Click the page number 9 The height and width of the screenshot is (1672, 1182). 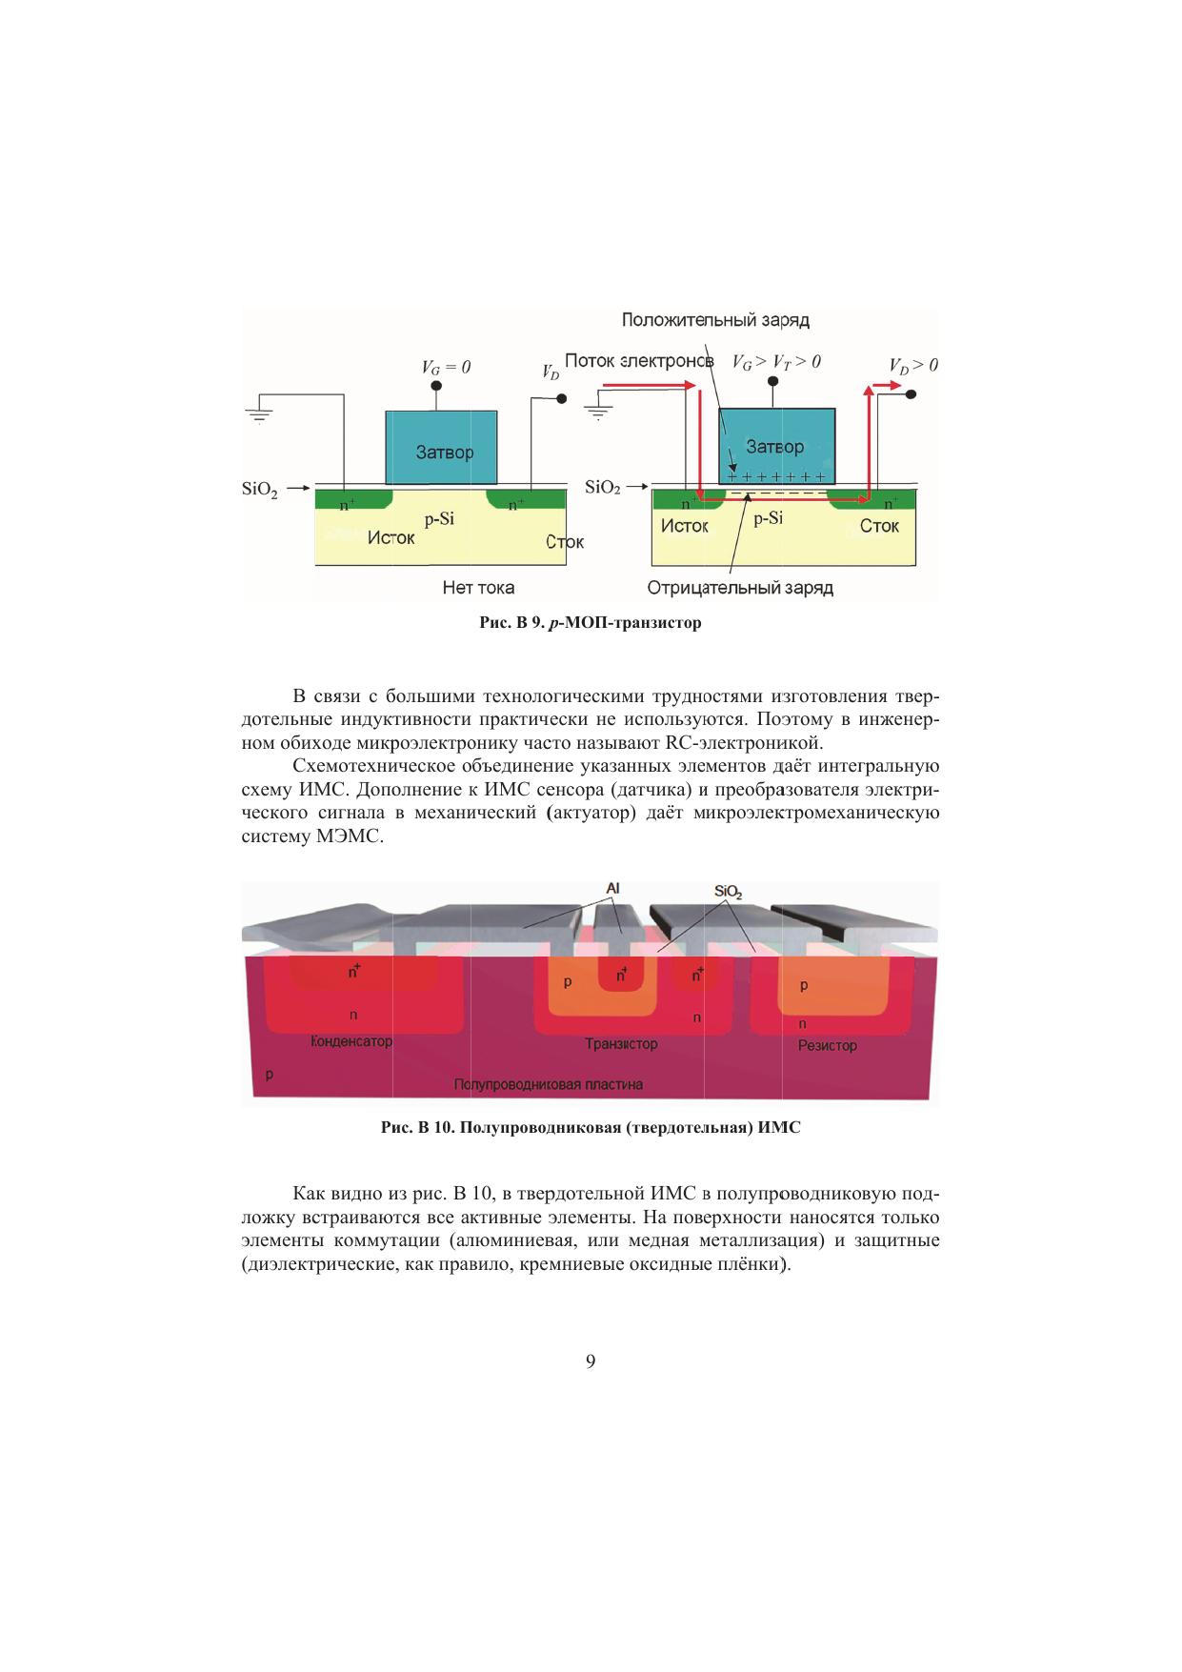click(x=591, y=1361)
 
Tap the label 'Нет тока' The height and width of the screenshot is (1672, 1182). click(x=478, y=587)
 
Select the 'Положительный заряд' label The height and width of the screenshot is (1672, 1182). click(x=715, y=320)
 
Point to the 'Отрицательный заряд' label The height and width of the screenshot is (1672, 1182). click(x=740, y=588)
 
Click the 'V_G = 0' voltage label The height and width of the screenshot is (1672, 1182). click(x=446, y=367)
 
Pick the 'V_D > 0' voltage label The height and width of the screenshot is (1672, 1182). click(x=912, y=365)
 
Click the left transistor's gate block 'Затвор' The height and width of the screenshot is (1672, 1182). click(x=441, y=448)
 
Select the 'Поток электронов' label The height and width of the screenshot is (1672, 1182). click(x=638, y=361)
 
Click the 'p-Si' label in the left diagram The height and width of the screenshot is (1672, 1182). click(x=439, y=520)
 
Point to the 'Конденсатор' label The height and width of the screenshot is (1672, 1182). click(x=351, y=1041)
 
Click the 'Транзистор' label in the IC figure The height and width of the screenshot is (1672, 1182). click(x=621, y=1044)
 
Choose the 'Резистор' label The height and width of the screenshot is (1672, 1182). click(x=827, y=1045)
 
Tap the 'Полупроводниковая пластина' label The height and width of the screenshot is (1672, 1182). click(x=549, y=1084)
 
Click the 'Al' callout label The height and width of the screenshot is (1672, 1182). click(x=613, y=888)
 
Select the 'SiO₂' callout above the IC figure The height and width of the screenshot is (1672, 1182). click(x=728, y=892)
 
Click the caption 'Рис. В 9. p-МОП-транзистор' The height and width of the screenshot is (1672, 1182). click(x=590, y=624)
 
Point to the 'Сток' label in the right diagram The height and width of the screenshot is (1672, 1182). click(x=879, y=526)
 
